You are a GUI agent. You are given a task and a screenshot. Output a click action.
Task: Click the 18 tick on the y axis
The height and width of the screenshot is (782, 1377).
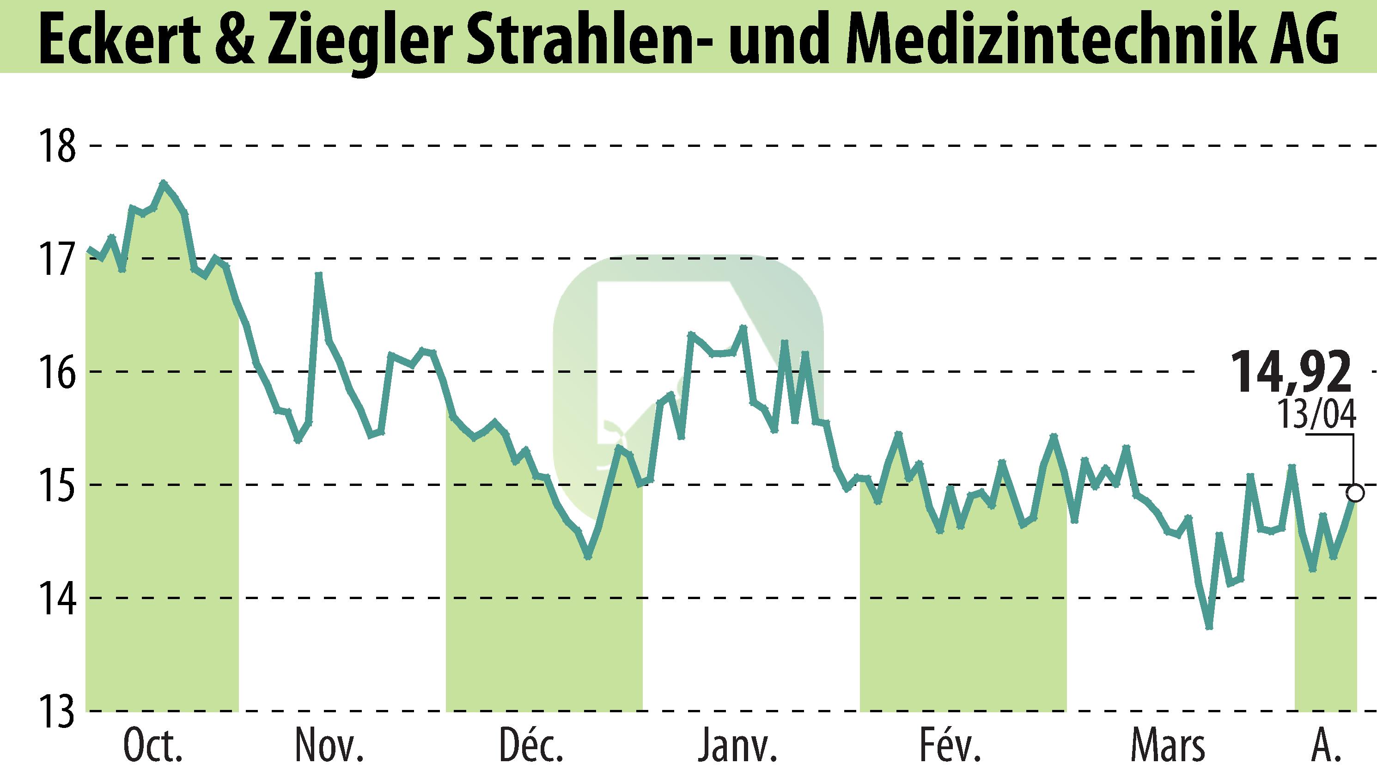tap(57, 145)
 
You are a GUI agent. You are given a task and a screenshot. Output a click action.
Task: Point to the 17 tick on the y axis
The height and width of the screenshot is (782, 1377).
tap(57, 259)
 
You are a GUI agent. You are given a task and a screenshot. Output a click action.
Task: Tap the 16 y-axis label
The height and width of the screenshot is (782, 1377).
tap(57, 372)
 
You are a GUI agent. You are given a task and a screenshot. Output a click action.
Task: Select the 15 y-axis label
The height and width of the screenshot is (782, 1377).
tap(57, 485)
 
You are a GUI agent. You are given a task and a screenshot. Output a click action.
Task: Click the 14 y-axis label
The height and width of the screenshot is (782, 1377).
tap(57, 598)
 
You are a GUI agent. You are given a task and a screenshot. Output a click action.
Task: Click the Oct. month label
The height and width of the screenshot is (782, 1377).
tap(153, 747)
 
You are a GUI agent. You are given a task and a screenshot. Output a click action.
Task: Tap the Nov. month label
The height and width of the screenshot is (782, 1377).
tap(329, 747)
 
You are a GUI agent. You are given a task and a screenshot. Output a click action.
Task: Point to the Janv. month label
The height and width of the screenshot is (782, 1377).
tap(737, 747)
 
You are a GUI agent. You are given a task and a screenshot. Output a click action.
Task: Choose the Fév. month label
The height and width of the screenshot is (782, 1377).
tap(950, 747)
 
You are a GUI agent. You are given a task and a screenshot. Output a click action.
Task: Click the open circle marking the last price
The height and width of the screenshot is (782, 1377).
tap(1355, 492)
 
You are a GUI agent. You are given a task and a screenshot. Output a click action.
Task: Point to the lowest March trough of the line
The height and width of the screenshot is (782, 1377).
tap(1209, 627)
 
